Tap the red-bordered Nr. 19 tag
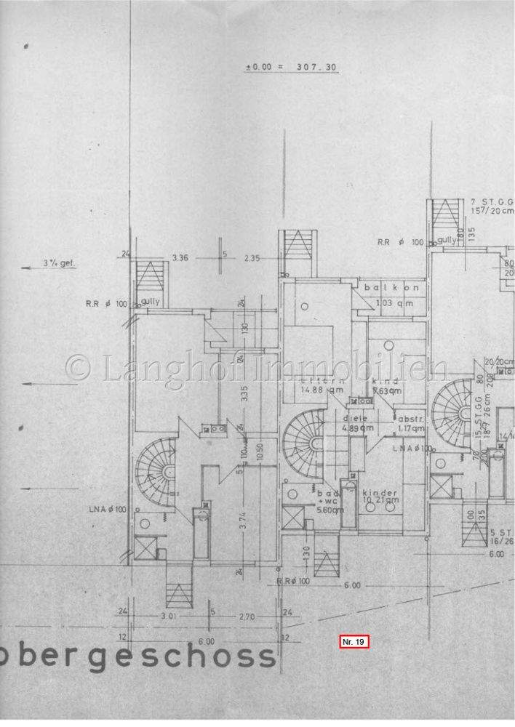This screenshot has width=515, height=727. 356,641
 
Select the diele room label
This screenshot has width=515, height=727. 355,419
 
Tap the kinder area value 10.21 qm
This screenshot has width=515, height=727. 383,501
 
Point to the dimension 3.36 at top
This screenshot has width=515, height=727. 180,257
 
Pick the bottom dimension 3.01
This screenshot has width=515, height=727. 169,617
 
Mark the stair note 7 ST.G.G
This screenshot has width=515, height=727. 487,201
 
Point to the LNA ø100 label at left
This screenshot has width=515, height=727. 111,509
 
